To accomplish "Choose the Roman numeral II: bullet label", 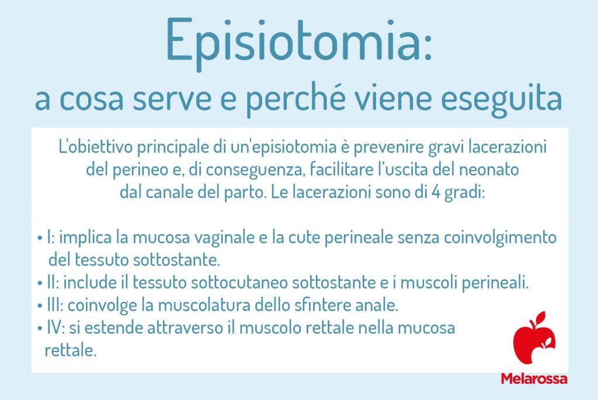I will coord(53,283).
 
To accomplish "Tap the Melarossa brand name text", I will coord(534,378).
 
